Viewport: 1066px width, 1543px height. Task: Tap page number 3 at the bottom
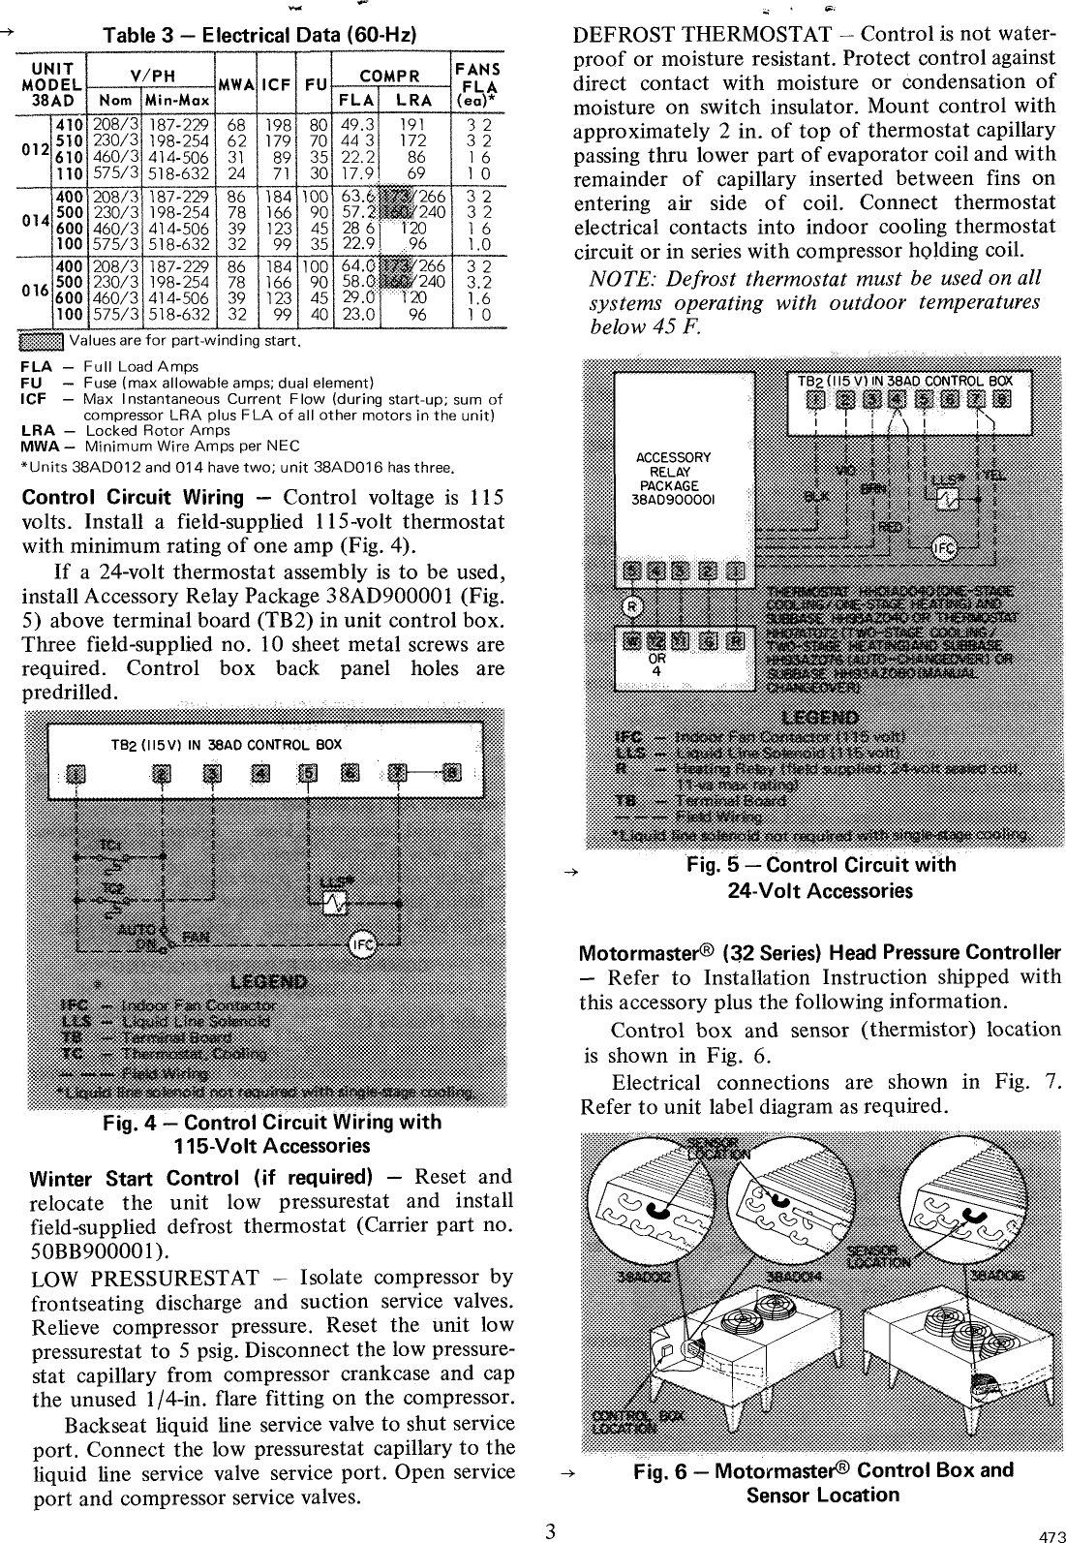[549, 1530]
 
